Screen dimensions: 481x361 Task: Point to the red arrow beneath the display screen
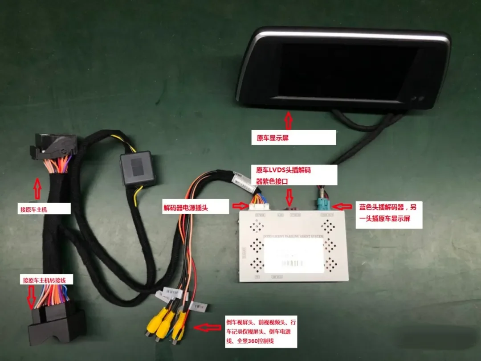click(x=289, y=120)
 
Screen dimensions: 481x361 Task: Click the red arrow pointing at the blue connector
click(x=344, y=206)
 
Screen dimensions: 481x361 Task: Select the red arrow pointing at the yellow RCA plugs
click(x=209, y=328)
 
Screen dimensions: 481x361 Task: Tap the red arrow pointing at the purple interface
click(x=290, y=196)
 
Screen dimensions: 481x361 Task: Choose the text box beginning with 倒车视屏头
click(x=261, y=332)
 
